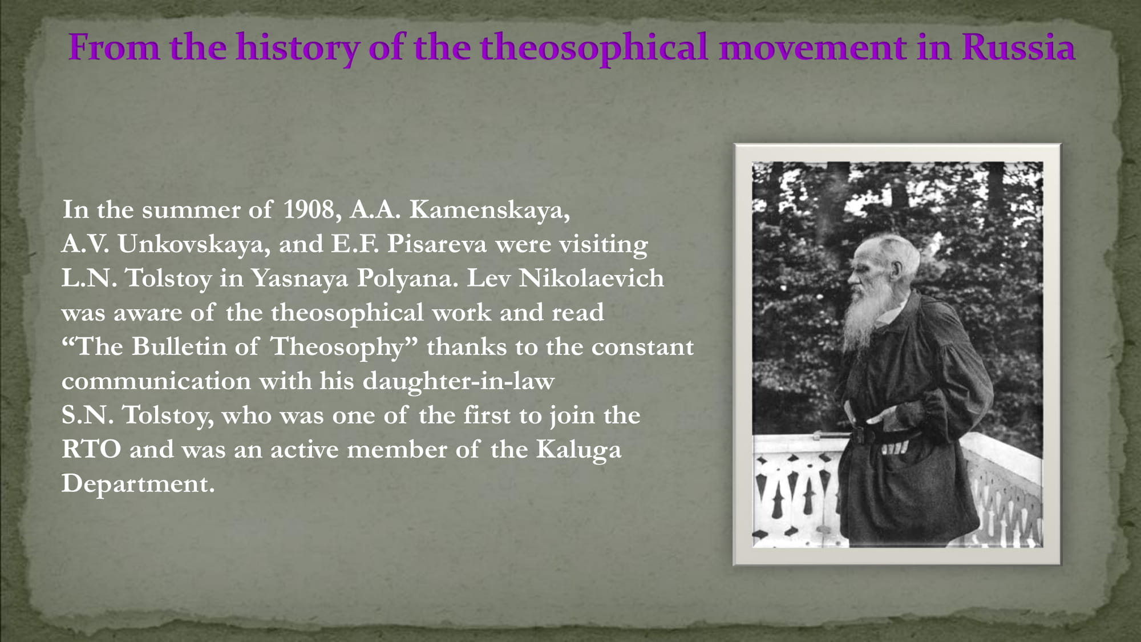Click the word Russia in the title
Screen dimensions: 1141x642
1018,47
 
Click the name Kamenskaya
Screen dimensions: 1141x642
489,210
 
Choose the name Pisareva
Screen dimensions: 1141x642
437,244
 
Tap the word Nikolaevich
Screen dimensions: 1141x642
591,278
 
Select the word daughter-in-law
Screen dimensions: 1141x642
459,381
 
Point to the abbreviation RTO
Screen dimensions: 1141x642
91,450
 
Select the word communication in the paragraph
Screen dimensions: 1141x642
156,381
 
